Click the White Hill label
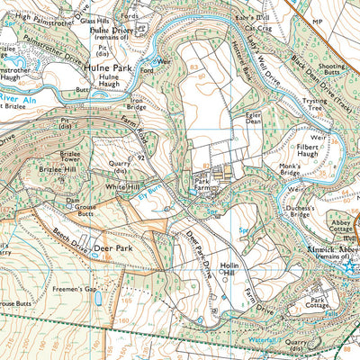pos(123,186)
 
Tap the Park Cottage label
pos(321,303)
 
